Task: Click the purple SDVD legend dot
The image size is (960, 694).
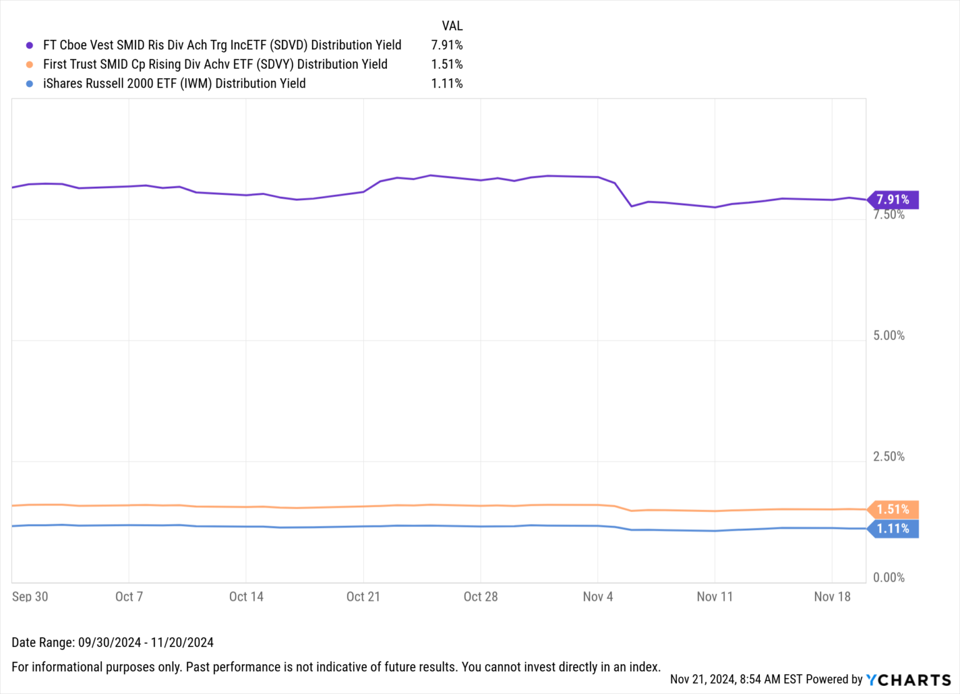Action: tap(29, 46)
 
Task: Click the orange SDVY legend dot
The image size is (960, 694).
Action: tap(29, 64)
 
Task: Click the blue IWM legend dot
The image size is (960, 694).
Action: tap(29, 84)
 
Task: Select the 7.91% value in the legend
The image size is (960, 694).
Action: tap(446, 45)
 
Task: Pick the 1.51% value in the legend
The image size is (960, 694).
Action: tap(446, 64)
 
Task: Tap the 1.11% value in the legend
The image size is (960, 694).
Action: tap(446, 84)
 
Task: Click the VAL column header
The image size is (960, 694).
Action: tap(452, 26)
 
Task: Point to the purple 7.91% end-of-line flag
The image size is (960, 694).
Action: tap(892, 199)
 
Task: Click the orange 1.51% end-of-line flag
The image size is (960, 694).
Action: tap(892, 510)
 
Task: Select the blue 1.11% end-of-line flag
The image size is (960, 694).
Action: tap(892, 529)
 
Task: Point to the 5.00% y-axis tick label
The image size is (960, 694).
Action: tap(888, 336)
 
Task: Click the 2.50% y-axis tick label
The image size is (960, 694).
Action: tap(888, 456)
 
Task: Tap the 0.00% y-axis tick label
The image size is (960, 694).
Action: tap(888, 578)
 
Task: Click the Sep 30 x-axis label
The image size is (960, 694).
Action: tap(30, 596)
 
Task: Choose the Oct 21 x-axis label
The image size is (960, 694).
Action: tap(363, 596)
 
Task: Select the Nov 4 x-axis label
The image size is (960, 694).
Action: tap(597, 596)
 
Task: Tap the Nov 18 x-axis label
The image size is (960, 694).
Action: tap(832, 596)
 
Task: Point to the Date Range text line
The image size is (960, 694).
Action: tap(112, 643)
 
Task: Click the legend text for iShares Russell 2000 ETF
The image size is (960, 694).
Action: tap(174, 84)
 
